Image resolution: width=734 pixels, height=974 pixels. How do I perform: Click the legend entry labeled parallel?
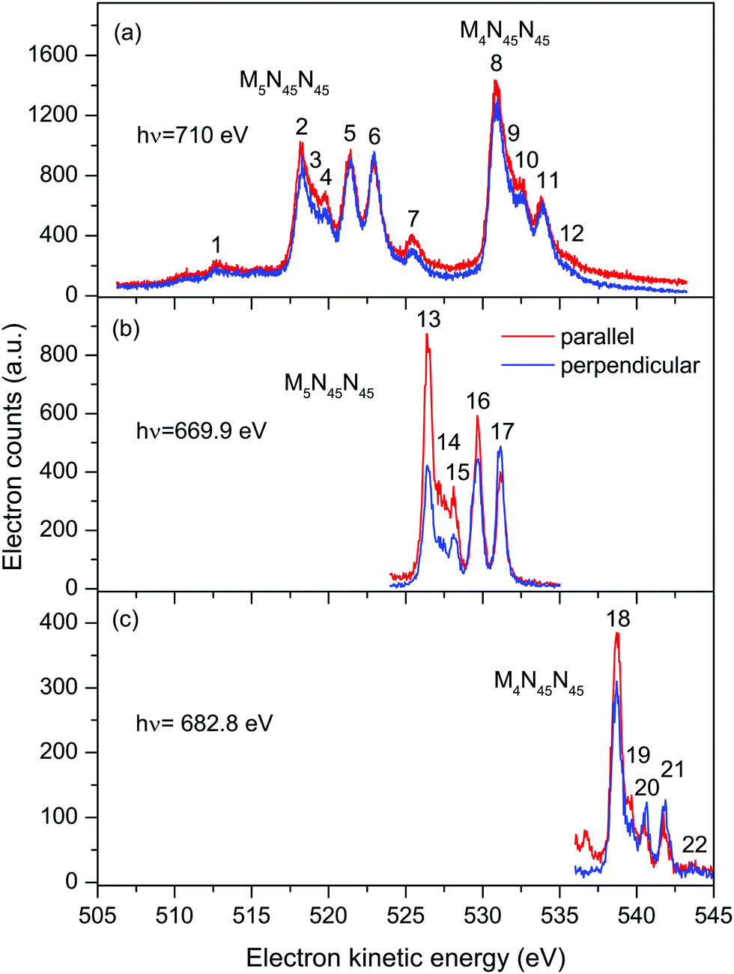(x=596, y=337)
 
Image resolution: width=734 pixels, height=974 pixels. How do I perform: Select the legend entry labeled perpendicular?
(x=629, y=365)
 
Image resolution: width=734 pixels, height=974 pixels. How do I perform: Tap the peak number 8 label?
(x=496, y=64)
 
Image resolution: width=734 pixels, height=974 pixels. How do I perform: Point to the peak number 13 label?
(x=428, y=320)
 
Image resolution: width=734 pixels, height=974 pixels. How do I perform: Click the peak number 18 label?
(x=618, y=619)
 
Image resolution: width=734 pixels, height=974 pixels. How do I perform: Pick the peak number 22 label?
(x=694, y=845)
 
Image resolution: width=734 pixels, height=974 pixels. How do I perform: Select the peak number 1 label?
(x=216, y=244)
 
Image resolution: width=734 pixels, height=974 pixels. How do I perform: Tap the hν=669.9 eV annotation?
(x=201, y=431)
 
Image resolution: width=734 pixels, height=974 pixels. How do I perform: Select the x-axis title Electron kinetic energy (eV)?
(x=405, y=957)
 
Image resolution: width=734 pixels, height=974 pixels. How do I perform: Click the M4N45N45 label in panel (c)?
(x=539, y=682)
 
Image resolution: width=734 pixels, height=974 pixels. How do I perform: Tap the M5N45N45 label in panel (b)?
(x=329, y=385)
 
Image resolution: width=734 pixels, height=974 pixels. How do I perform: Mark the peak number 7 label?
(x=413, y=219)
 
